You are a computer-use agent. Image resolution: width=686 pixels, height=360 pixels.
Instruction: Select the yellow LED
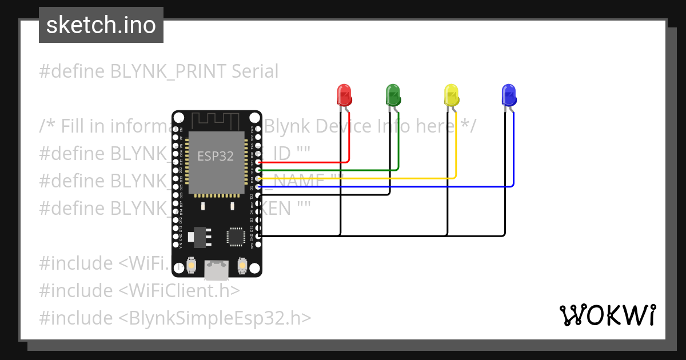point(452,94)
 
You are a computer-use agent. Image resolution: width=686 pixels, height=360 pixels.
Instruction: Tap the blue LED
point(508,94)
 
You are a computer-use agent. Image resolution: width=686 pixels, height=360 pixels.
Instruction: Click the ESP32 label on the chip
point(216,156)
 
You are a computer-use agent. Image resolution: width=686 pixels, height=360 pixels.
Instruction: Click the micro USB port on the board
point(217,269)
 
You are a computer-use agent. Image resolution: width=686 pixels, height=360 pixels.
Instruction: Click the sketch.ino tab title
point(101,25)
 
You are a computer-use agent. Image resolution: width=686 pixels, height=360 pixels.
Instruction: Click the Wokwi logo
point(607,315)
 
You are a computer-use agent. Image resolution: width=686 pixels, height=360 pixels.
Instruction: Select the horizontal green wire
point(332,170)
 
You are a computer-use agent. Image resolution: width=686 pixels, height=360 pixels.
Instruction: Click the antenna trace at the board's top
point(216,120)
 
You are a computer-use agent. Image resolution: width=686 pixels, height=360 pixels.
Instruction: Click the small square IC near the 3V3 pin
point(235,237)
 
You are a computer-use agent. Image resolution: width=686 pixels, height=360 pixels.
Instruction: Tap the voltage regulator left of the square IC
point(200,236)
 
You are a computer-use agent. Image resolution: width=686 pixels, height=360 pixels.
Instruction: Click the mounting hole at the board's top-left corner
point(179,118)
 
